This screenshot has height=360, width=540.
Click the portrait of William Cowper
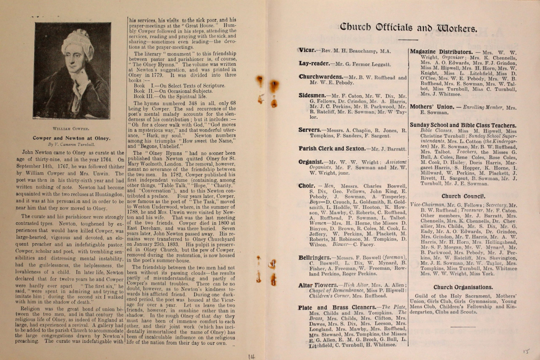coord(72,71)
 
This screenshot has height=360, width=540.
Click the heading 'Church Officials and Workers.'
coord(408,28)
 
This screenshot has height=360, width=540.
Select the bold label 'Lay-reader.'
coord(314,63)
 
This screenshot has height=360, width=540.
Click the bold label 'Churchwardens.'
coord(321,77)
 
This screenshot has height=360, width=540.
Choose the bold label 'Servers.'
coord(310,130)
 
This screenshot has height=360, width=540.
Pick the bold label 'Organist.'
coord(312,162)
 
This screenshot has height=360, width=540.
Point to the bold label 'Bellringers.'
coord(315,257)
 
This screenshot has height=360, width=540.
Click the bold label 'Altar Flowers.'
coord(318,285)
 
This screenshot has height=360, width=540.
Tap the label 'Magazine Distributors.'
coord(441,52)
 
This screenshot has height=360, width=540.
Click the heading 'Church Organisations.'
coord(463,287)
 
